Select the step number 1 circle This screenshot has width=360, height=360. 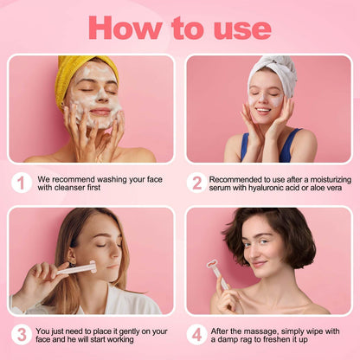[22, 182]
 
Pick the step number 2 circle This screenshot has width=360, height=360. [197, 182]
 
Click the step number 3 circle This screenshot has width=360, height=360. [22, 335]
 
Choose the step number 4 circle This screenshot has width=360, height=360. [197, 335]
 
